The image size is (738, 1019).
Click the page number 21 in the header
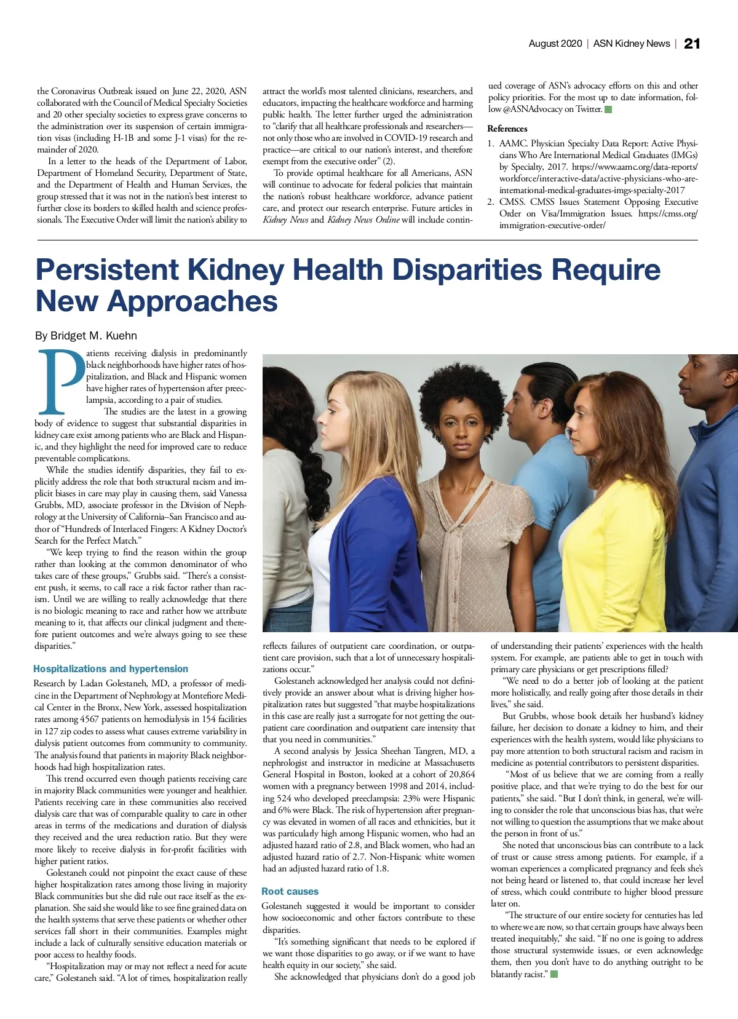coord(692,44)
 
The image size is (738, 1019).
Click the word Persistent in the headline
coord(107,271)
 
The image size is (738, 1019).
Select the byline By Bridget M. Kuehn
coord(86,336)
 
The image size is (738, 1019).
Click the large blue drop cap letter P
coord(60,382)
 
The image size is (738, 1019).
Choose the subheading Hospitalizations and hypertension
coord(111,668)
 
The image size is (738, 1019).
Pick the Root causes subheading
coord(290,891)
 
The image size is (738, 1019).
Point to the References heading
coord(507,129)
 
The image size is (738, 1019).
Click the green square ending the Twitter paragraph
coord(608,109)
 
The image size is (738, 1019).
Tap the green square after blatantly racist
coord(554,974)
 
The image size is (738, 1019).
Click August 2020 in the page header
coord(555,44)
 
